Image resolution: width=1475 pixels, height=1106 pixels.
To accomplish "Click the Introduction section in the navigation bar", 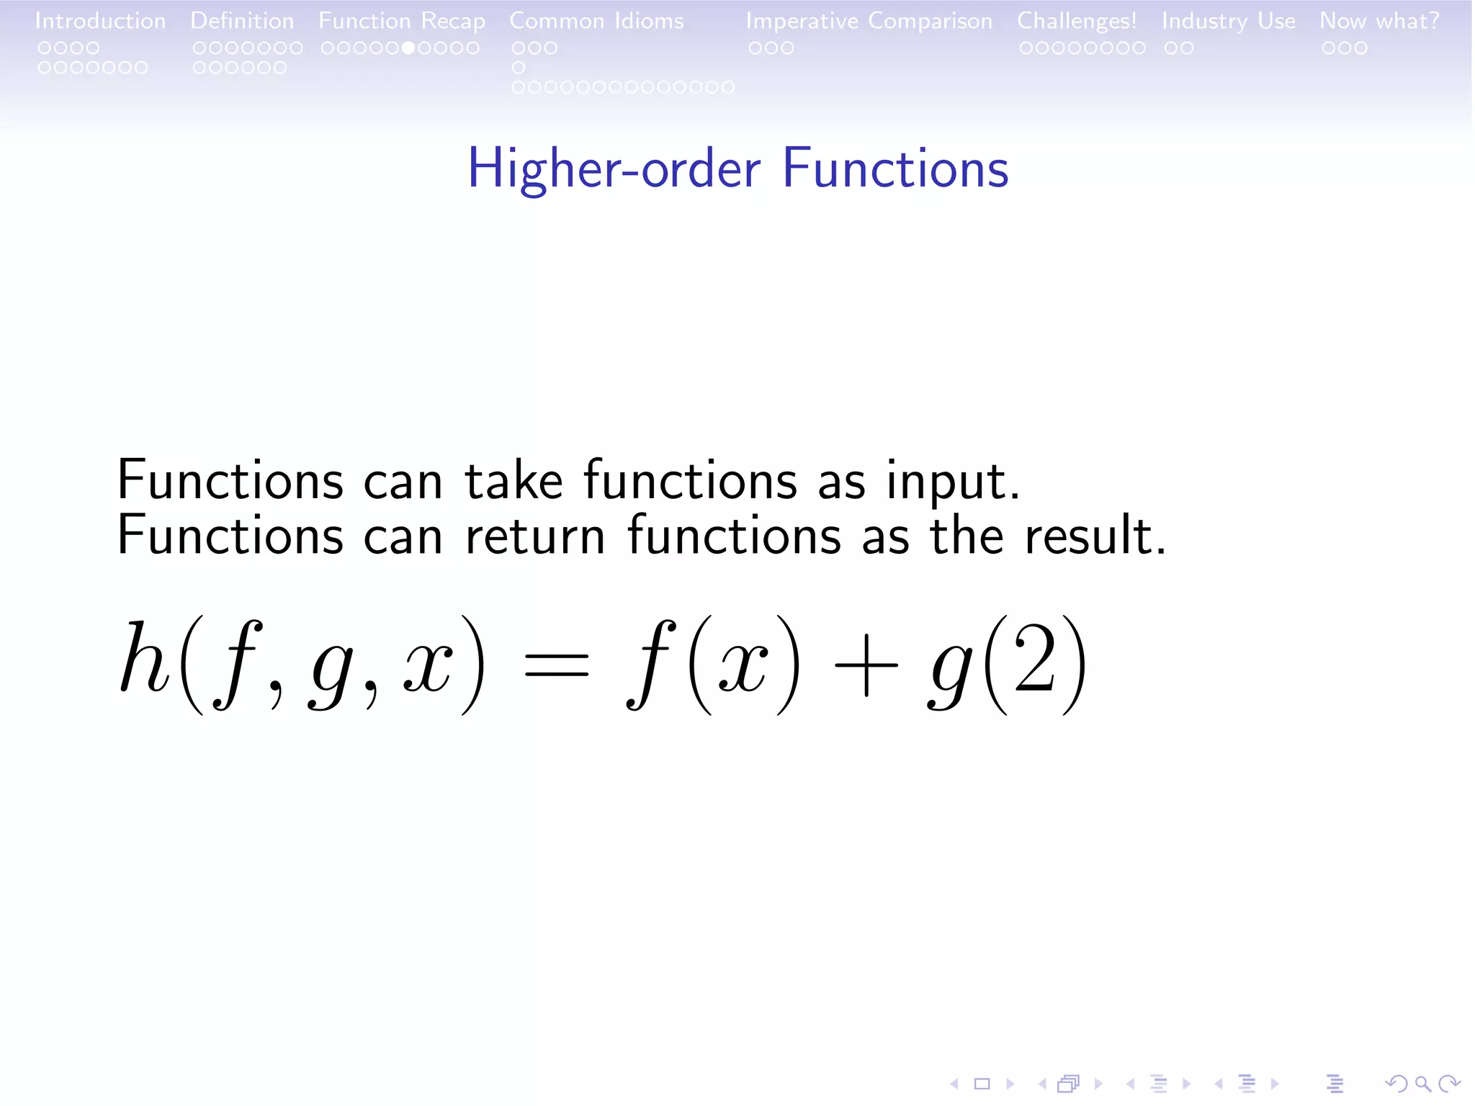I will coord(100,21).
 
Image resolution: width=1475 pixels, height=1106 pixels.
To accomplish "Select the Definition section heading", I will coord(242,21).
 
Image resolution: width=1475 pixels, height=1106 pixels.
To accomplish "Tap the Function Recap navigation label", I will coord(401,22).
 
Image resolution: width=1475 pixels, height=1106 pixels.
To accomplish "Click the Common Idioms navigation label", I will coord(596,21).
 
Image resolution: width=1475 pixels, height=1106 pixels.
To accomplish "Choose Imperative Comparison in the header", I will coord(869,22).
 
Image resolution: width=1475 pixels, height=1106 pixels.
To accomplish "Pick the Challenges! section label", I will coord(1076,21).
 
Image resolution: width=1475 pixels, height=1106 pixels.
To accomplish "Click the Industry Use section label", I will coord(1228,21).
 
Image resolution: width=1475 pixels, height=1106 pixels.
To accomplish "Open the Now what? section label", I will coord(1378,21).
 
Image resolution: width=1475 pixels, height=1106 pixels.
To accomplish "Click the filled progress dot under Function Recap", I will coord(408,48).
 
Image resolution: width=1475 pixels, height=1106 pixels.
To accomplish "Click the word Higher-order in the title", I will coord(614,169).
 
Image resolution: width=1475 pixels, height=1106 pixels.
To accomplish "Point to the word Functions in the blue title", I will coord(895,169).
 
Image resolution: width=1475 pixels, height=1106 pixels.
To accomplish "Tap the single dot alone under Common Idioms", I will coord(519,68).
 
